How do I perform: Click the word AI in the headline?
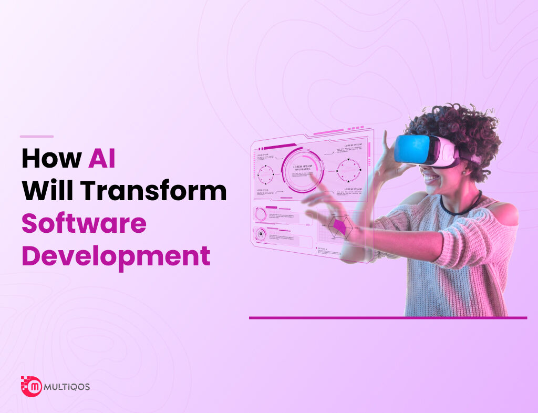(101, 159)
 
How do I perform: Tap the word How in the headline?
(51, 159)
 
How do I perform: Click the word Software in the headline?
(84, 224)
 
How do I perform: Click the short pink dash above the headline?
(37, 137)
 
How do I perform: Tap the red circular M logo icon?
(33, 387)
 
